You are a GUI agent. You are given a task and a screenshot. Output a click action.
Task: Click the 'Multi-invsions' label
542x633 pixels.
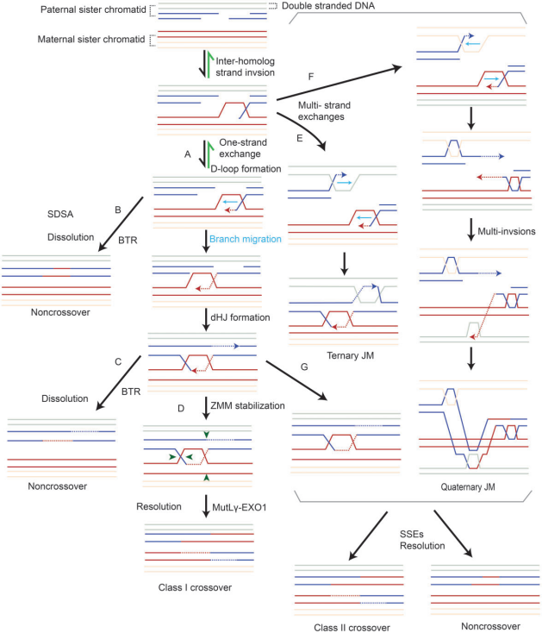point(504,229)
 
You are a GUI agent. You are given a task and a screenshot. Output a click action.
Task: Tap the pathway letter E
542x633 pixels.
point(298,135)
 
